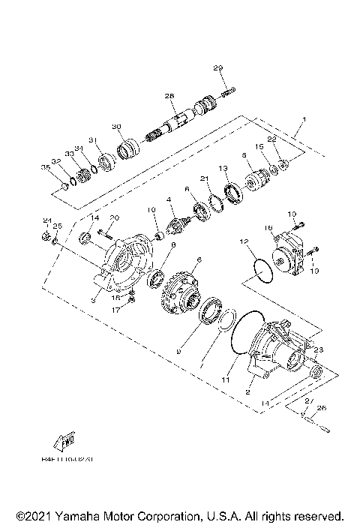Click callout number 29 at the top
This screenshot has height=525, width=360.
219,69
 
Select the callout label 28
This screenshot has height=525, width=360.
169,96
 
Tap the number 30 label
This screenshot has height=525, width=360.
116,126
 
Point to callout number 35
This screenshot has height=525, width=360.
44,167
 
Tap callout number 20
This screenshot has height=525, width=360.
115,217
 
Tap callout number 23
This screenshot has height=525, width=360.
318,349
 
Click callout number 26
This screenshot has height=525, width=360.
324,409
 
